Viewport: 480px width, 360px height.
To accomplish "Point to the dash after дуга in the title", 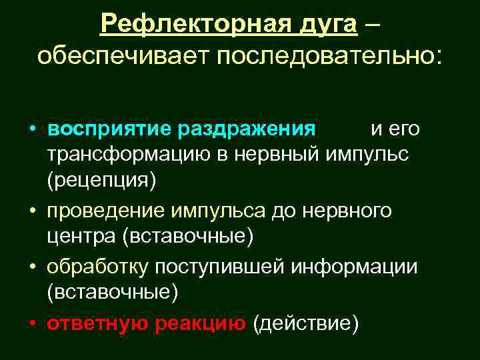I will coord(375,24).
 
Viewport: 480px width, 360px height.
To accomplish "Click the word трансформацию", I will coord(131,155).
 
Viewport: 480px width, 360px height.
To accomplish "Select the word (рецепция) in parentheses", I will coord(101,181).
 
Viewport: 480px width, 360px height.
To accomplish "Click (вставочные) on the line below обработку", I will coord(111,293).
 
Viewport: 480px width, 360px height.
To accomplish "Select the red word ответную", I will coord(98,323).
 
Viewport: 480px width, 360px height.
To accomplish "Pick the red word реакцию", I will coord(201,323).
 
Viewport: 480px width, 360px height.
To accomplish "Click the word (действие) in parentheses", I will coord(305,323).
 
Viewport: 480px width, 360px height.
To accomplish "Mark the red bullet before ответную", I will coord(33,323).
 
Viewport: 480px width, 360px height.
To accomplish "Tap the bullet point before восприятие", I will coord(33,129).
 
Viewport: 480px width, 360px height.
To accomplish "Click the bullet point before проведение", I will coord(33,211).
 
